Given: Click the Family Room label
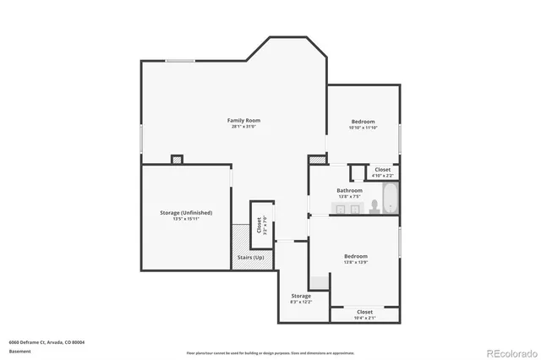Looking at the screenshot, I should pyautogui.click(x=243, y=121).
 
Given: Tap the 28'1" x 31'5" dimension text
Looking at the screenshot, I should pyautogui.click(x=243, y=127).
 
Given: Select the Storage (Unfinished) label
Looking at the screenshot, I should pyautogui.click(x=186, y=212).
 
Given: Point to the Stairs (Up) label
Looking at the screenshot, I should pyautogui.click(x=253, y=257).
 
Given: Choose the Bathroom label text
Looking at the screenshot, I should pyautogui.click(x=349, y=190).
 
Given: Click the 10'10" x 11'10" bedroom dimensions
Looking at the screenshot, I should pyautogui.click(x=363, y=128).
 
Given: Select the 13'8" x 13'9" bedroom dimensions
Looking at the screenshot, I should pyautogui.click(x=355, y=261).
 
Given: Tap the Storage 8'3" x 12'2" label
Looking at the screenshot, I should pyautogui.click(x=301, y=298).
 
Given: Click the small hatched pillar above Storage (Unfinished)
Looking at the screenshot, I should pyautogui.click(x=177, y=158).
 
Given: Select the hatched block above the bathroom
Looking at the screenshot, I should pyautogui.click(x=317, y=159).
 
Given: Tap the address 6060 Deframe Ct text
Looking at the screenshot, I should pyautogui.click(x=46, y=342).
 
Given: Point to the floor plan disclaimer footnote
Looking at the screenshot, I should pyautogui.click(x=270, y=352).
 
